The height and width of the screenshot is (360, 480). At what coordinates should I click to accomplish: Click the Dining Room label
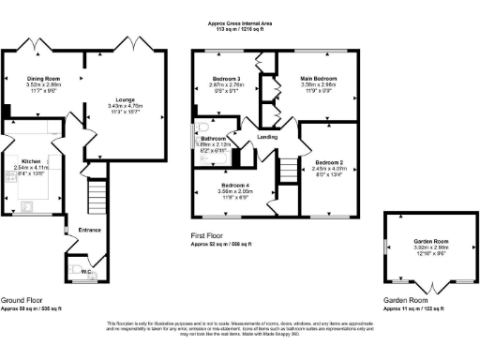coord(42,78)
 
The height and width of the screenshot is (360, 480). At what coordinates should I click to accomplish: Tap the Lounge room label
coord(125,97)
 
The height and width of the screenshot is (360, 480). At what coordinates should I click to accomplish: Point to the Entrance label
coord(90,230)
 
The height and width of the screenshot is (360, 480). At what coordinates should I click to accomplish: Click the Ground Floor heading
coord(25,301)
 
